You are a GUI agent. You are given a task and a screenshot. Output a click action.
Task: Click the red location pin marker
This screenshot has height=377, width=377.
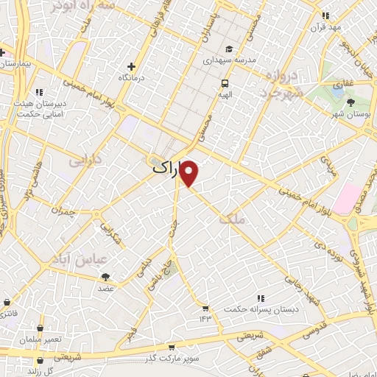coord(190,174)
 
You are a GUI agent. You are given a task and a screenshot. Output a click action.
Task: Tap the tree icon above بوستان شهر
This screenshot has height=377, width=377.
coord(350,103)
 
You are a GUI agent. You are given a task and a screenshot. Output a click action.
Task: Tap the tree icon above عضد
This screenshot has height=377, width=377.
coord(105,277)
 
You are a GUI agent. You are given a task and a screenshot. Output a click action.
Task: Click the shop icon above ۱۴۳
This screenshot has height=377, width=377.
coord(205,308)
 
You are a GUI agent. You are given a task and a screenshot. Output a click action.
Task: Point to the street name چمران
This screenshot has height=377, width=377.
coord(63,210)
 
